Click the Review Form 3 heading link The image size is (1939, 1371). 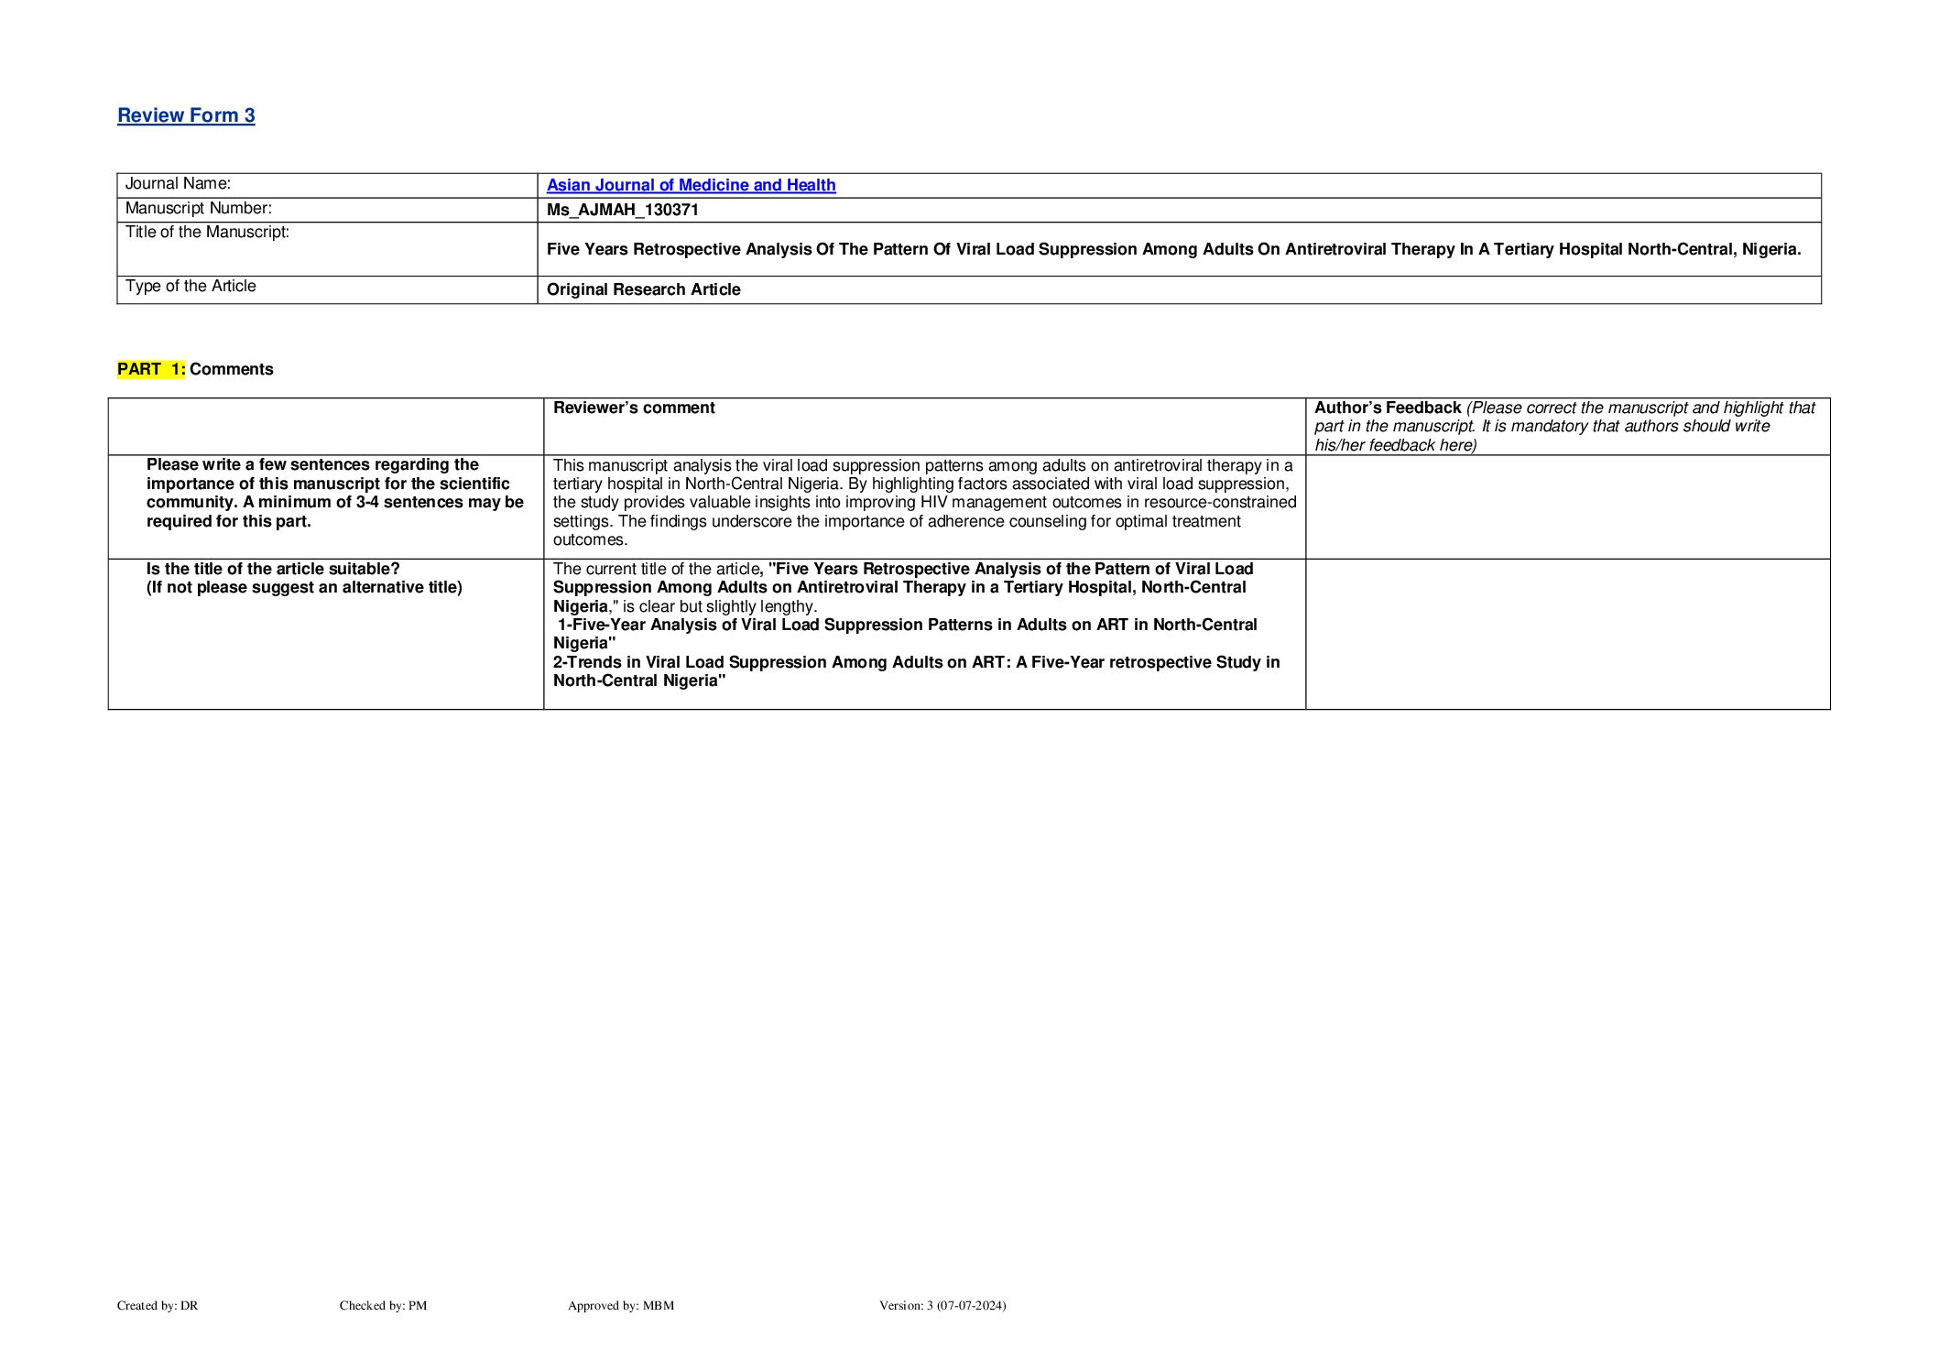tap(186, 115)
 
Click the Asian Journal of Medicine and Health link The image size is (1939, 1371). tap(691, 185)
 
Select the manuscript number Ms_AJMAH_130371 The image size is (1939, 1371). tap(623, 210)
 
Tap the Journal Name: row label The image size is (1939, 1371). tap(178, 184)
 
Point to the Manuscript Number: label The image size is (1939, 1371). tap(198, 209)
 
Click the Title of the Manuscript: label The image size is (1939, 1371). tap(207, 233)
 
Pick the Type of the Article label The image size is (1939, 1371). tap(191, 287)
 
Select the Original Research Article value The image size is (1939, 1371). tap(643, 289)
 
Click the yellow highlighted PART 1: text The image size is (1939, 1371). tap(151, 369)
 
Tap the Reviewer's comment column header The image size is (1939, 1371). tap(634, 408)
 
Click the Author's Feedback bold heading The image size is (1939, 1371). tap(1387, 408)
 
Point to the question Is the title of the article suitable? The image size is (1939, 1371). tap(273, 569)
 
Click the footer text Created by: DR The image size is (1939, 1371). tap(158, 1305)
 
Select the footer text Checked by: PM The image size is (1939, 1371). tap(383, 1305)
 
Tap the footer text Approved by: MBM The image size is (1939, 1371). tap(620, 1305)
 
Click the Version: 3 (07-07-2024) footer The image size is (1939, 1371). tap(942, 1305)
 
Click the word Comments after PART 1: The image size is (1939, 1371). tap(231, 369)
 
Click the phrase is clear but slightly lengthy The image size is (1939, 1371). tap(719, 606)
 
